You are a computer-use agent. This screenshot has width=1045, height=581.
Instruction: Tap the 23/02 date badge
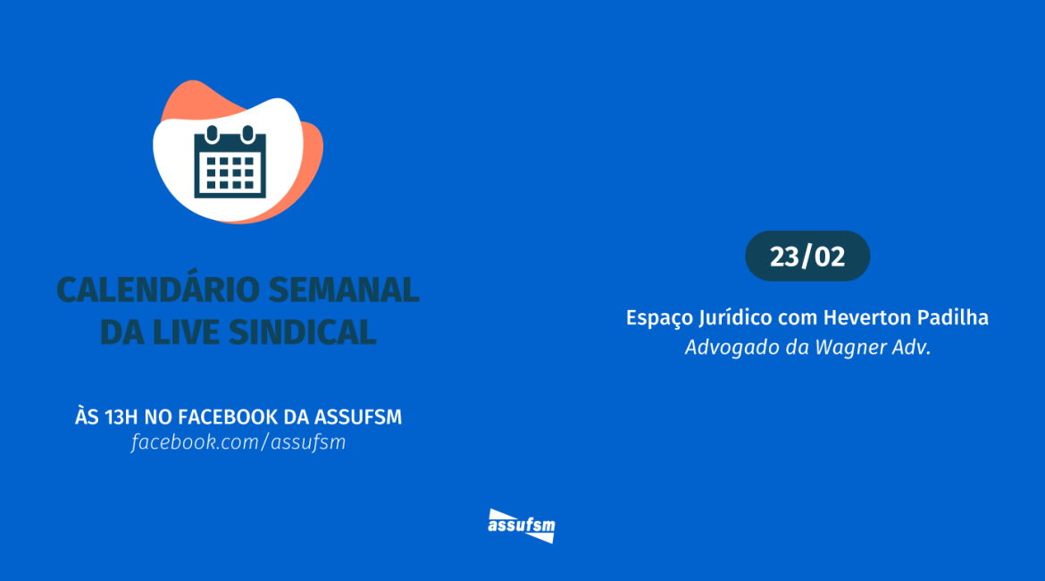[x=807, y=257]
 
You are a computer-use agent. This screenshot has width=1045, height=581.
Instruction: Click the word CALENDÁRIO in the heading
[x=158, y=290]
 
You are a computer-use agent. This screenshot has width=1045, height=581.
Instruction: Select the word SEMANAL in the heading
[x=344, y=290]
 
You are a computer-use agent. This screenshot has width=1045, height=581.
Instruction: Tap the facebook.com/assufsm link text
[x=238, y=442]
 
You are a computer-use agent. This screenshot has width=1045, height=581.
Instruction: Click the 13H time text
[x=121, y=417]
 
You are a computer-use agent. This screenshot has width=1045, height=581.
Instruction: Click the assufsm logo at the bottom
[x=522, y=526]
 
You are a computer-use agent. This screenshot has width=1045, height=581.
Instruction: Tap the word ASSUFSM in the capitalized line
[x=358, y=417]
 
